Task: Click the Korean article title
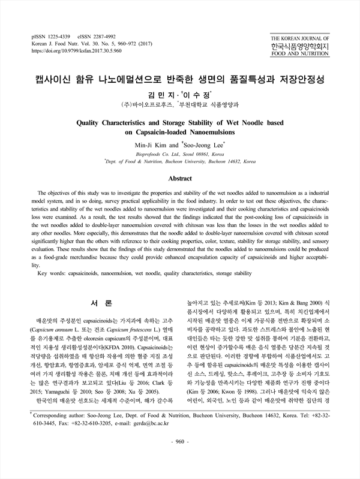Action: pos(180,79)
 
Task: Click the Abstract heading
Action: pos(179,178)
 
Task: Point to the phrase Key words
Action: pos(53,273)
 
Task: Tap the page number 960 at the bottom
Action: pos(180,459)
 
